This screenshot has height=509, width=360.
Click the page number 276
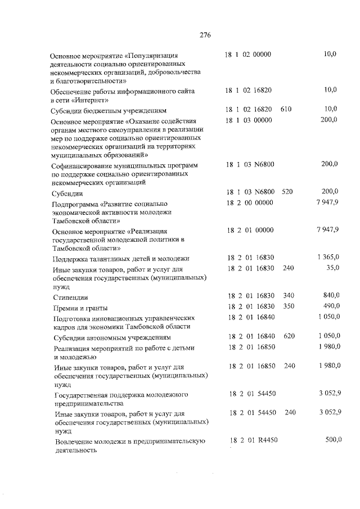tap(205, 35)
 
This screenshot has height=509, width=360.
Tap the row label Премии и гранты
tap(79, 308)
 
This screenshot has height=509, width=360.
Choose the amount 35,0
tap(332, 268)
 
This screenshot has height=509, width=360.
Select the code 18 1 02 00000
tap(248, 55)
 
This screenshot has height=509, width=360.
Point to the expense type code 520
tap(287, 192)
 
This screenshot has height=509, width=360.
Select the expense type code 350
tap(289, 307)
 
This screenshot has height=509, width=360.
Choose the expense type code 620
tap(290, 336)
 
